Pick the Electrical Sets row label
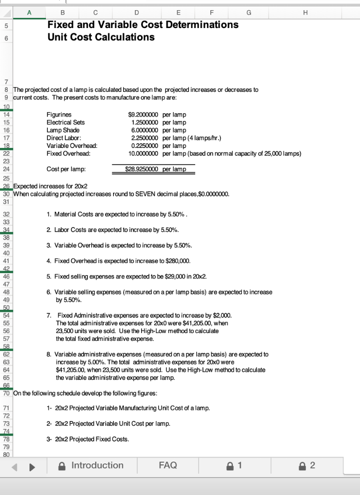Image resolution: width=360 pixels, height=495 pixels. point(65,122)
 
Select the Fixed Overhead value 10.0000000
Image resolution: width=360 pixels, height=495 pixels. point(143,154)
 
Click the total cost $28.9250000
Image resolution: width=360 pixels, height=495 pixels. point(143,169)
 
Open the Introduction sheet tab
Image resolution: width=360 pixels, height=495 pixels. point(97,466)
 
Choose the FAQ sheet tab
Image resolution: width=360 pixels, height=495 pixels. point(168,466)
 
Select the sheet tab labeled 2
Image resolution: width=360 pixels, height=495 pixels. point(312,466)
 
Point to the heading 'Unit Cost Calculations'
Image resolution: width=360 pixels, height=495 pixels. point(101,37)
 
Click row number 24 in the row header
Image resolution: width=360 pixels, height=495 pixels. point(6,169)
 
